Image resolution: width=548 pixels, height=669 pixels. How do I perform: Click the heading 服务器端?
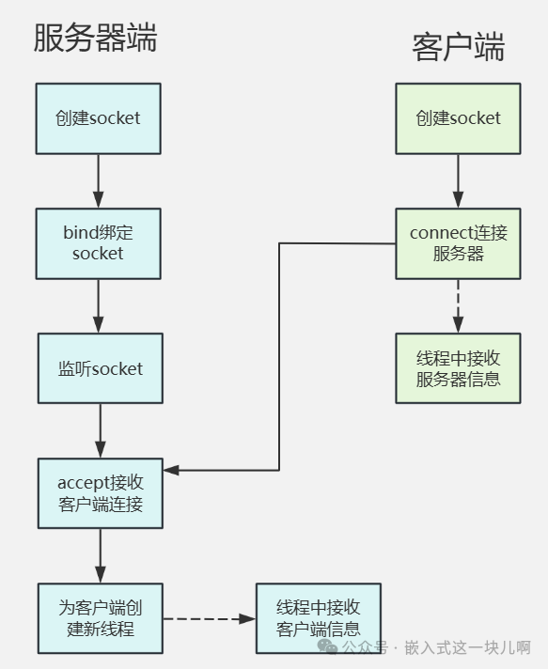(95, 38)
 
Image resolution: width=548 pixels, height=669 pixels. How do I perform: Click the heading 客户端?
(458, 46)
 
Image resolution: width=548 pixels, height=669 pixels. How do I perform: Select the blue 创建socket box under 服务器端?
(98, 118)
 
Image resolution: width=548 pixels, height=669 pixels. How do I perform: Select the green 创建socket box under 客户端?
(458, 118)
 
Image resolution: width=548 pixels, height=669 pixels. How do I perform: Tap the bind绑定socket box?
(98, 242)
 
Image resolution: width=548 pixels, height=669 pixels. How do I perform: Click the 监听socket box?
(100, 368)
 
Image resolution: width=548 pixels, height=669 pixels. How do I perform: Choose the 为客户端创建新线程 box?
(100, 618)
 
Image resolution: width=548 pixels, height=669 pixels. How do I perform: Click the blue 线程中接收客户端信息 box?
(319, 618)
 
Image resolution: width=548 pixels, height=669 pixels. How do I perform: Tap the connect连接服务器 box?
(458, 242)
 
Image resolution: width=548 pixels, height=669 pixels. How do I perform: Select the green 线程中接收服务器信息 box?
(458, 368)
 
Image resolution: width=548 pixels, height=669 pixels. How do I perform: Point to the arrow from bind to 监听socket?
(98, 305)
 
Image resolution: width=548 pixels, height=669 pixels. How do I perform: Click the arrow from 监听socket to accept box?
(100, 430)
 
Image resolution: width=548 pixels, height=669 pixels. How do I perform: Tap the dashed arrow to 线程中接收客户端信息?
(209, 619)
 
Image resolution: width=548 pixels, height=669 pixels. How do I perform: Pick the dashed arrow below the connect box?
(458, 305)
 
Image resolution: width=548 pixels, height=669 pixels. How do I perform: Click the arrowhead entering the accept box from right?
(171, 470)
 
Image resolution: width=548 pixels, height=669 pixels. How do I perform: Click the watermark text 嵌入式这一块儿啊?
(468, 648)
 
